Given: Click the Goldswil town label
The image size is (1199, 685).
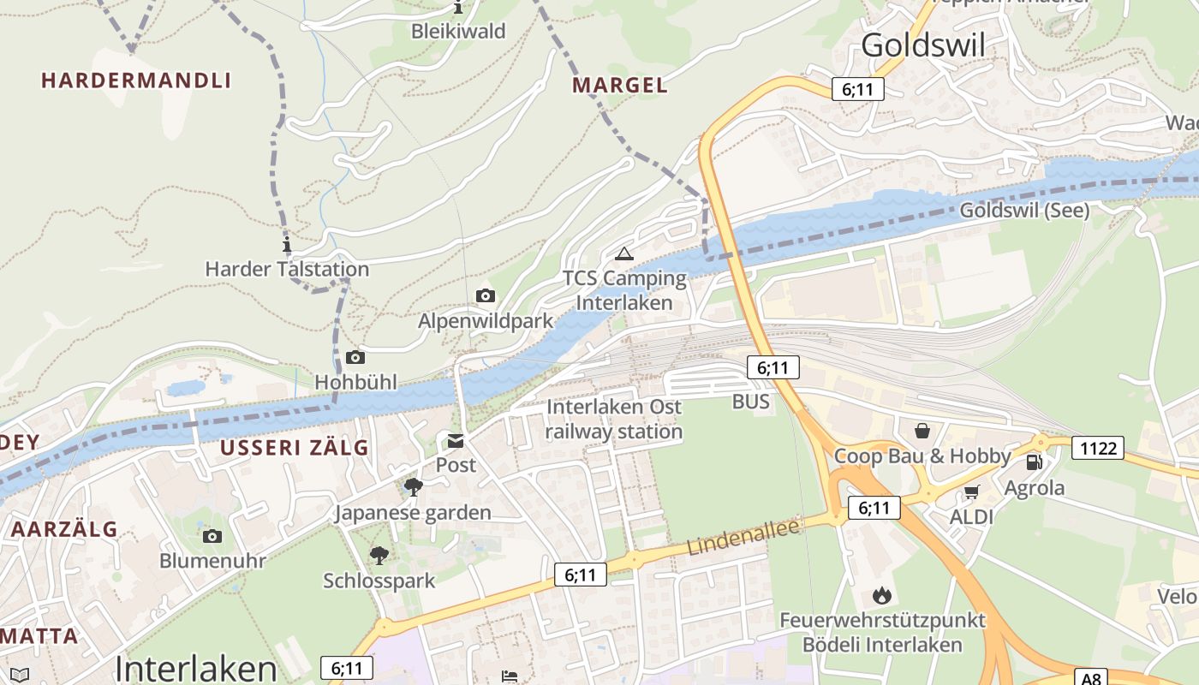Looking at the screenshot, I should (x=923, y=45).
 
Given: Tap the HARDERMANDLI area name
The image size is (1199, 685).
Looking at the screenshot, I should (x=136, y=81).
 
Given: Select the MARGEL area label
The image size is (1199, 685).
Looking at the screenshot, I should (x=620, y=86).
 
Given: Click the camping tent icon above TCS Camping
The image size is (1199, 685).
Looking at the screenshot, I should (x=623, y=253).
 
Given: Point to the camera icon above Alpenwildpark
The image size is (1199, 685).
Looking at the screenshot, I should (x=485, y=296).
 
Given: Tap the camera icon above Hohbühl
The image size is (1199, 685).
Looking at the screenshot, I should (x=355, y=358).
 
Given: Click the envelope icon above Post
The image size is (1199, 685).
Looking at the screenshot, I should (x=455, y=442).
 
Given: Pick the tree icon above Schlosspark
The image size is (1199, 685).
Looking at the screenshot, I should (x=379, y=556).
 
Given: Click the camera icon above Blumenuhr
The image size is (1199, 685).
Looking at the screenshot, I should (x=212, y=537).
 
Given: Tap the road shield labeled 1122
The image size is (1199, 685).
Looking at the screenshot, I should (x=1097, y=448).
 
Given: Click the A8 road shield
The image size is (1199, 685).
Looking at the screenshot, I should (x=1090, y=678).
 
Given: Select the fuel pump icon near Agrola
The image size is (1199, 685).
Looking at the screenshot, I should (x=1035, y=462).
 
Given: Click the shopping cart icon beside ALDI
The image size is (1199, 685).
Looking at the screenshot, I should (x=971, y=492).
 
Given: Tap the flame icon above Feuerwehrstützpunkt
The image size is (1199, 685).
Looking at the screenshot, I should (x=881, y=595).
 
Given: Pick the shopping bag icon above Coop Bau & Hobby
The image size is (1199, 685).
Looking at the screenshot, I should (x=922, y=431).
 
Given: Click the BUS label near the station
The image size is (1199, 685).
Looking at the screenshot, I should (x=750, y=402).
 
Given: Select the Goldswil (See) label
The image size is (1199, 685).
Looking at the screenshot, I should (x=1023, y=211).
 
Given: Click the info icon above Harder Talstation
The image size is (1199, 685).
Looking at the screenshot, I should (x=286, y=245).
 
